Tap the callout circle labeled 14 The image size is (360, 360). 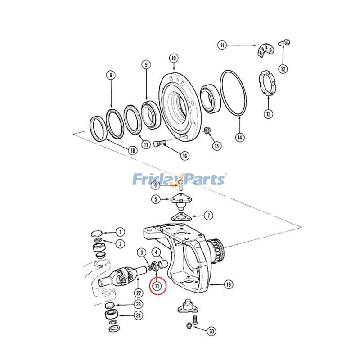click(x=240, y=137)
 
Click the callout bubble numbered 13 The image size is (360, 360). click(x=268, y=114)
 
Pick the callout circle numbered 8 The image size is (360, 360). click(x=111, y=75)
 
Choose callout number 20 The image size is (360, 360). click(x=211, y=332)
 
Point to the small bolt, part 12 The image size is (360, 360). click(x=284, y=42)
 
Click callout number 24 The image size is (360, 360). click(x=139, y=315)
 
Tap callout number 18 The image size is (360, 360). click(x=132, y=151)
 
